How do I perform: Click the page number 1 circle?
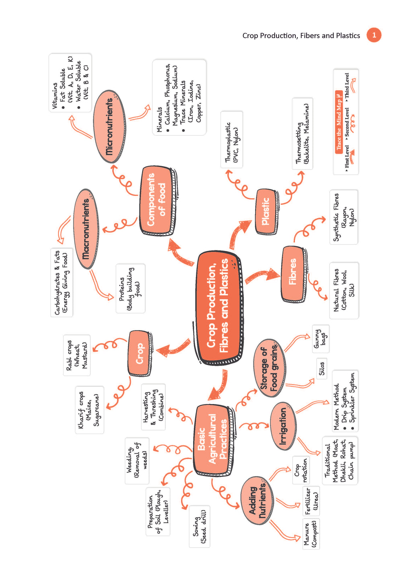tap(374, 35)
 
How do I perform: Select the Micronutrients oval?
tap(109, 127)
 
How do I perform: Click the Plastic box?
tap(266, 211)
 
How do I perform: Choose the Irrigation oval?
tap(283, 425)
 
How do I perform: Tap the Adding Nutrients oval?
tap(257, 501)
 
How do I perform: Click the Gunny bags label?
tap(321, 339)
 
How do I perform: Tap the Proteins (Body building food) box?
tap(130, 288)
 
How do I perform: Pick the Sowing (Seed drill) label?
tap(199, 526)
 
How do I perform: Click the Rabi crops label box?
tap(76, 355)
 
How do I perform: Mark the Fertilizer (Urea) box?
tap(311, 501)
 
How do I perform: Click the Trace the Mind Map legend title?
tap(339, 121)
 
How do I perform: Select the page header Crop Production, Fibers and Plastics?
tap(301, 35)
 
